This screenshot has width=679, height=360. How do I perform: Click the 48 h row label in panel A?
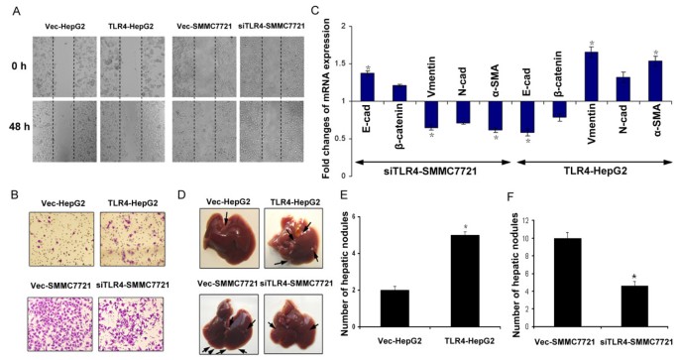(x=17, y=125)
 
